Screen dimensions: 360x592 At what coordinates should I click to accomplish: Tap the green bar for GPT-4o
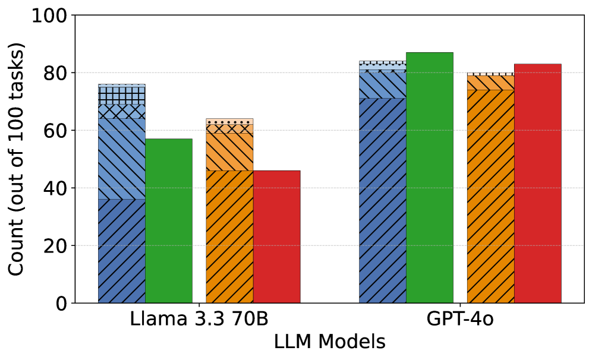(430, 178)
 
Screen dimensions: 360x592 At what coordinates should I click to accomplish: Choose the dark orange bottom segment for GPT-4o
(490, 196)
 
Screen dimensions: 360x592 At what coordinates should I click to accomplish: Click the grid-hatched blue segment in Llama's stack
(122, 95)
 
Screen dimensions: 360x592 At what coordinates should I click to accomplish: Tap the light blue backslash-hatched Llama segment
(122, 159)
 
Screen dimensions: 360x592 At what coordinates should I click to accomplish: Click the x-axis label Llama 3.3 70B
(199, 319)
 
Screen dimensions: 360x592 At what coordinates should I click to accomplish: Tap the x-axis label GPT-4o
(459, 319)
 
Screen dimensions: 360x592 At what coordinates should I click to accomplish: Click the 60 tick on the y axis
(57, 131)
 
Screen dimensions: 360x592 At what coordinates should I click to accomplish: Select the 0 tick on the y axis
(61, 304)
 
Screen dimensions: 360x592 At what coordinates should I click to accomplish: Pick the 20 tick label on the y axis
(57, 246)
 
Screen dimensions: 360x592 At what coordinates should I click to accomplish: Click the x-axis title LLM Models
(329, 342)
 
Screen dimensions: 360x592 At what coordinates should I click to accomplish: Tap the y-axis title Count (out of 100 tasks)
(18, 159)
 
